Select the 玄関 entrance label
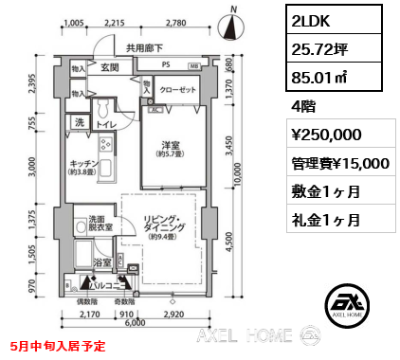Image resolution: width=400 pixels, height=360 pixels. (110, 68)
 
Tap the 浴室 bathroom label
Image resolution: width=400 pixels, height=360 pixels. (103, 261)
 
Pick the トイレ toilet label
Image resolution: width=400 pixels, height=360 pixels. (105, 125)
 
